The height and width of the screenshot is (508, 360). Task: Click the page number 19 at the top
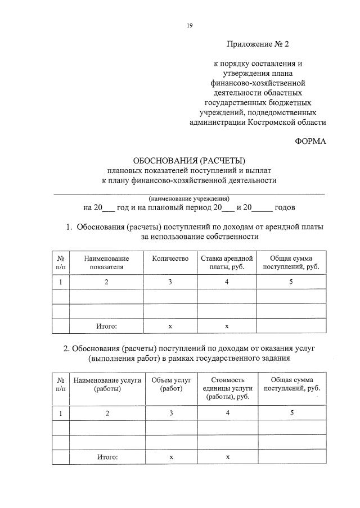pos(190,25)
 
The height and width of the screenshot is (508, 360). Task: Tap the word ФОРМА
pos(310,141)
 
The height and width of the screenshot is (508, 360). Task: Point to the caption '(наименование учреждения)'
pos(189,198)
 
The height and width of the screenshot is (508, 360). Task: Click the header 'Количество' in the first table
pos(170,258)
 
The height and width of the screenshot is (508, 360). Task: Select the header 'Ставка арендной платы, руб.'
pos(227,262)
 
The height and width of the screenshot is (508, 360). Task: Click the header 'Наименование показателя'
pos(106,262)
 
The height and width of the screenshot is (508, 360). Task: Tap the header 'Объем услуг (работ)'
pos(170,384)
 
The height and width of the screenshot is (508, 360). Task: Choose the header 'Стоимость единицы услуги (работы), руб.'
pos(227,388)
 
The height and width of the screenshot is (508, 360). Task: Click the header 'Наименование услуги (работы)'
pos(106,384)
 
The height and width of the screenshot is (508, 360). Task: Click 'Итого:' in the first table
pos(106,326)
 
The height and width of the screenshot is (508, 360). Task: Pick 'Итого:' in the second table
pos(106,457)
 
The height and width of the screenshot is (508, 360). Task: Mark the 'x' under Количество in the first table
pos(170,326)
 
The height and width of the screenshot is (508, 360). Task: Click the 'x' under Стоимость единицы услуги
pos(227,457)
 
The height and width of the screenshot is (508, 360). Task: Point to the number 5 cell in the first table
pos(291,282)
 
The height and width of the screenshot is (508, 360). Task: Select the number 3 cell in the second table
pos(170,413)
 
